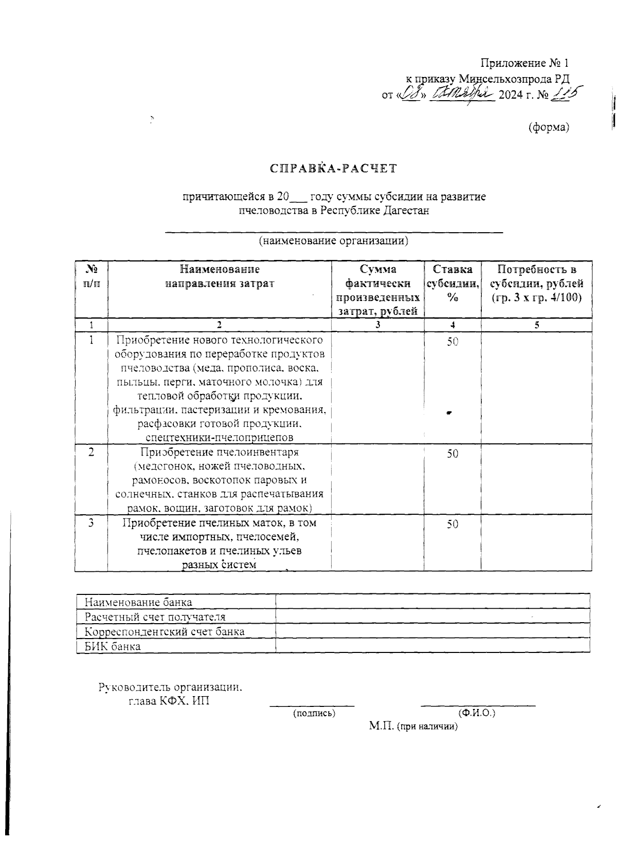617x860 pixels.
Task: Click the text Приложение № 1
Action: point(524,63)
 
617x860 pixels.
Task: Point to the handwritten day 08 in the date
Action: point(413,94)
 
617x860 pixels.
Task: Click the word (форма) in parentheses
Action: point(549,127)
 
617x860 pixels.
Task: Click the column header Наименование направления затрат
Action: point(220,276)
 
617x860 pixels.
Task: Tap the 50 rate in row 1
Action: point(452,342)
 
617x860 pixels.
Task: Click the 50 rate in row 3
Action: point(452,524)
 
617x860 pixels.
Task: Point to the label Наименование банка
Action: point(138,602)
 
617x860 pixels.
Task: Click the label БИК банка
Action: point(113,646)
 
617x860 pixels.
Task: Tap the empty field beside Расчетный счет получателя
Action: point(432,616)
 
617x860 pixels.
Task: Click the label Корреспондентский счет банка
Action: point(165,631)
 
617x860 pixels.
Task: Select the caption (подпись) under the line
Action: point(314,713)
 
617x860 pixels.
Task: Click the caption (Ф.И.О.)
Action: point(477,713)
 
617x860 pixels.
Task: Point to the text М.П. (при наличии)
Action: point(413,726)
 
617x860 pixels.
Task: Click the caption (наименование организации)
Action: point(333,240)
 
